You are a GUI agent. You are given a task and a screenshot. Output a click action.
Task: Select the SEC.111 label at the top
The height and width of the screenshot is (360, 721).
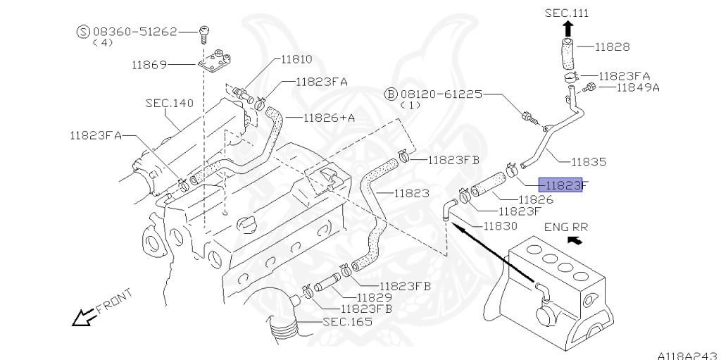(567, 13)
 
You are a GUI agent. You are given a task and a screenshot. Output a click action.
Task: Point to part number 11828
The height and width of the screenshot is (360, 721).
(612, 47)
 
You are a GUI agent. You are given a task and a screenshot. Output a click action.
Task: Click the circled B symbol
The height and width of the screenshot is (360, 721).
(391, 94)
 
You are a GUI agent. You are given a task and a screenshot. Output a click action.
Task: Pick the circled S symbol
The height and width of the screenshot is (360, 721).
(83, 31)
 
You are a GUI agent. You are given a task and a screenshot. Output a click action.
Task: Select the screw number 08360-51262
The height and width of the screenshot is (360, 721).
(133, 31)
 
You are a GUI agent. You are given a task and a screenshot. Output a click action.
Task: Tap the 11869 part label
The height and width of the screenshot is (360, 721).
(149, 65)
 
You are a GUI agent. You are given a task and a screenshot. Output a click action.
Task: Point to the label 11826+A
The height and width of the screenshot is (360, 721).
(330, 118)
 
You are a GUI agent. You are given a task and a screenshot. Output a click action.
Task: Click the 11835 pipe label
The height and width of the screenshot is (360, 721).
(588, 161)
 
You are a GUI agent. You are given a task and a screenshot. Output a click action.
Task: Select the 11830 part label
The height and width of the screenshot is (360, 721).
(500, 226)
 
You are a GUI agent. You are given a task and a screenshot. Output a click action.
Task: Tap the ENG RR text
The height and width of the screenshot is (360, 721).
(565, 227)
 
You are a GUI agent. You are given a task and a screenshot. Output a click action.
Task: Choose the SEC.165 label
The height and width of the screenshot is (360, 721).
(347, 322)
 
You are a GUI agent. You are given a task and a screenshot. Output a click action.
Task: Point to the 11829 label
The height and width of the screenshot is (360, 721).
(374, 297)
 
